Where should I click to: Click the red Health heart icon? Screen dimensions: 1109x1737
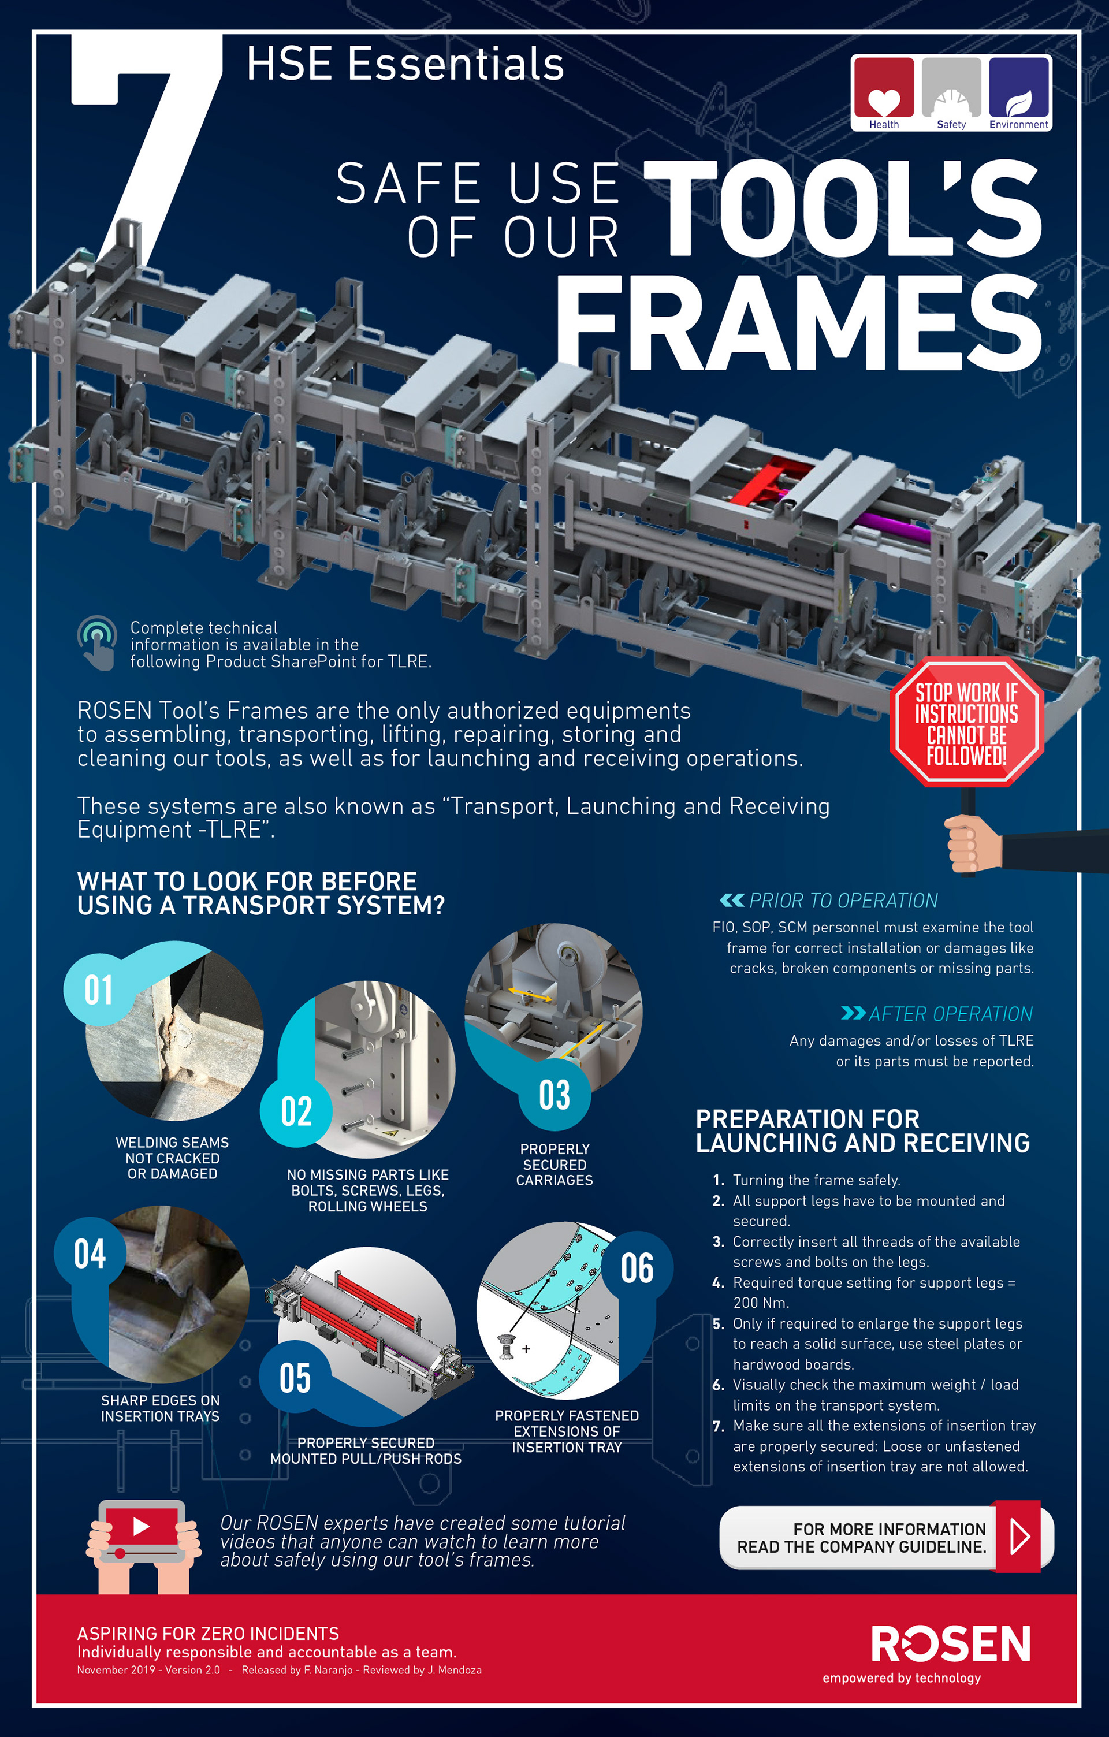(x=883, y=87)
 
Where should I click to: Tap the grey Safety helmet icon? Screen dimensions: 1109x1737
(x=951, y=87)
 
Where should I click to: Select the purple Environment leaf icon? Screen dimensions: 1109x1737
(x=1018, y=87)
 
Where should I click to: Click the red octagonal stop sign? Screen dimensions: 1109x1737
(x=966, y=721)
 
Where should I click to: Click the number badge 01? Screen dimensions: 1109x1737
(x=99, y=990)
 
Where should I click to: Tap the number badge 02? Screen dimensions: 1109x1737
(x=296, y=1111)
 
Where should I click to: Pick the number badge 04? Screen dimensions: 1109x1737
(x=90, y=1254)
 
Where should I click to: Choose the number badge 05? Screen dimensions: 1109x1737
(x=295, y=1378)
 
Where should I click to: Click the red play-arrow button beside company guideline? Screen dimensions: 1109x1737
(x=1018, y=1537)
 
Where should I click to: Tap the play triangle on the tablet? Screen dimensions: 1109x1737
(x=142, y=1526)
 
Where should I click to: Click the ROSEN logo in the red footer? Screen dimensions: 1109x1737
(x=951, y=1644)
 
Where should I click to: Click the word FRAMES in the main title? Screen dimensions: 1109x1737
(x=799, y=322)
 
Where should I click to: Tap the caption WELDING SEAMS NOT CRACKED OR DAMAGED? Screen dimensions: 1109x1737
(x=172, y=1158)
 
